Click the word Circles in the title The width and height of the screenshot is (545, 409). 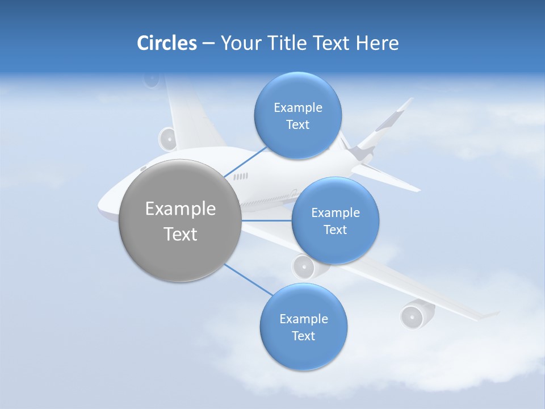pos(167,43)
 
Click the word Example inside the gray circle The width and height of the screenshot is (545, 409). pos(181,209)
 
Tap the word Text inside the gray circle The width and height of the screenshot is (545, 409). pos(181,234)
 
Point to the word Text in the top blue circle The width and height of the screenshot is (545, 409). pos(297,125)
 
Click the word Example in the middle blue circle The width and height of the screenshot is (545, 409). pos(336,213)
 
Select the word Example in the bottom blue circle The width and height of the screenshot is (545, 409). pos(303,319)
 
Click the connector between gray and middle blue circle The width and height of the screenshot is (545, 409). pos(266,220)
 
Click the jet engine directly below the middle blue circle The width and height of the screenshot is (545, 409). pos(305,266)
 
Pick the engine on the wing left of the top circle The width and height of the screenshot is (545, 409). pos(168,139)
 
